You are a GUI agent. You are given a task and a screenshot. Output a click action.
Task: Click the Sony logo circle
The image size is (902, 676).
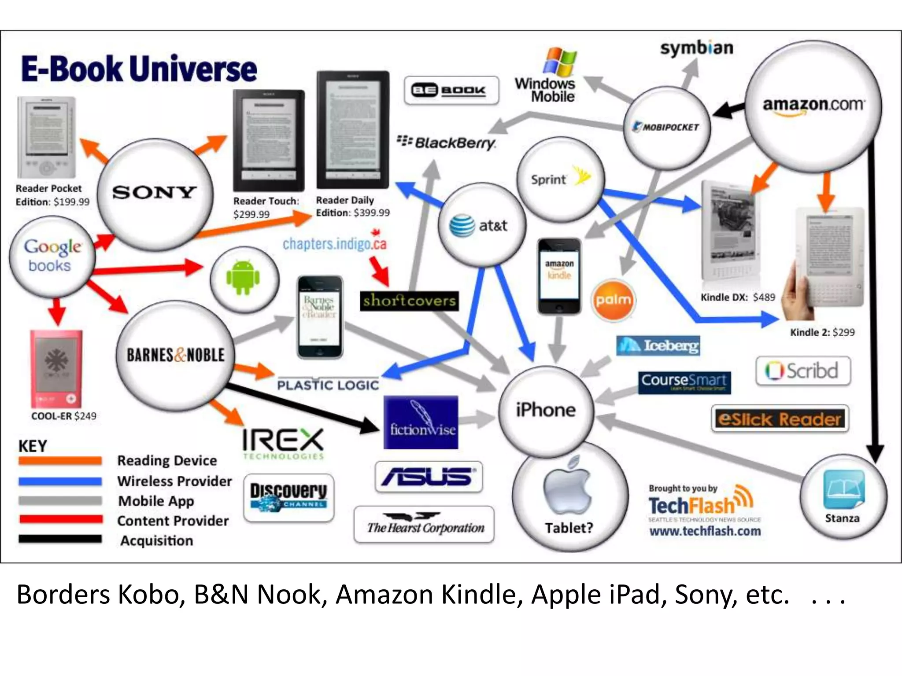155,194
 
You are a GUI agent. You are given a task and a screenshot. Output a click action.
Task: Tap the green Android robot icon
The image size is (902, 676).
243,278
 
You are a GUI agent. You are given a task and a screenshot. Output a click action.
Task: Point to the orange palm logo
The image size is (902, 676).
613,300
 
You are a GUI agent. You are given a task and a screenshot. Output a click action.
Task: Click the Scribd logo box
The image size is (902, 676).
803,371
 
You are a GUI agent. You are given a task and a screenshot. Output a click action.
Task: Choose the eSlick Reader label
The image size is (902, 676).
780,419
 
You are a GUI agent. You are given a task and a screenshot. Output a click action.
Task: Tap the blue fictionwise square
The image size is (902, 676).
421,422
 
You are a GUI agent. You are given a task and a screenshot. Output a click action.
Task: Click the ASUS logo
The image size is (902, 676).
429,477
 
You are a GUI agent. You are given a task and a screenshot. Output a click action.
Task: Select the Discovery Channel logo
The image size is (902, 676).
288,497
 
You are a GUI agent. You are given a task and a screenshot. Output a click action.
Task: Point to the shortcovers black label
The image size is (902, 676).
409,301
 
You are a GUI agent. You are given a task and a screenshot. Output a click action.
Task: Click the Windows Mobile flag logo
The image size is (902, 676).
559,61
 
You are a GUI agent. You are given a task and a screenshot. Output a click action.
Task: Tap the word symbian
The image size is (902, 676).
696,48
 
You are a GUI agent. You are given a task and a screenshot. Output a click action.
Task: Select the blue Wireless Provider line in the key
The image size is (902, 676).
60,481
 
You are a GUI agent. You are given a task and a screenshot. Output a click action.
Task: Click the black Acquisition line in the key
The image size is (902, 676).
60,539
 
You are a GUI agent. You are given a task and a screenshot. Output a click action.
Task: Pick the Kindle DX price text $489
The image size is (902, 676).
764,297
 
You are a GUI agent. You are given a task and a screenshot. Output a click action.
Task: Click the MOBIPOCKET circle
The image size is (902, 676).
666,127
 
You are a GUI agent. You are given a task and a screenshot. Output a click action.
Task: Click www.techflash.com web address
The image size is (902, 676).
705,531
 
